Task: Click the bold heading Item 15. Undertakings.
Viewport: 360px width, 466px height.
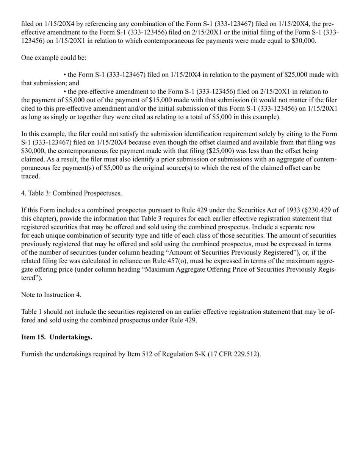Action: click(x=56, y=337)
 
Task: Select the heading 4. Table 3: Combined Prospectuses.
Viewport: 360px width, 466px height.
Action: click(x=72, y=193)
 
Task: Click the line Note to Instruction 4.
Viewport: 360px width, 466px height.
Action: click(x=51, y=295)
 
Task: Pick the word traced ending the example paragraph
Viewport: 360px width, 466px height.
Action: click(x=30, y=177)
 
